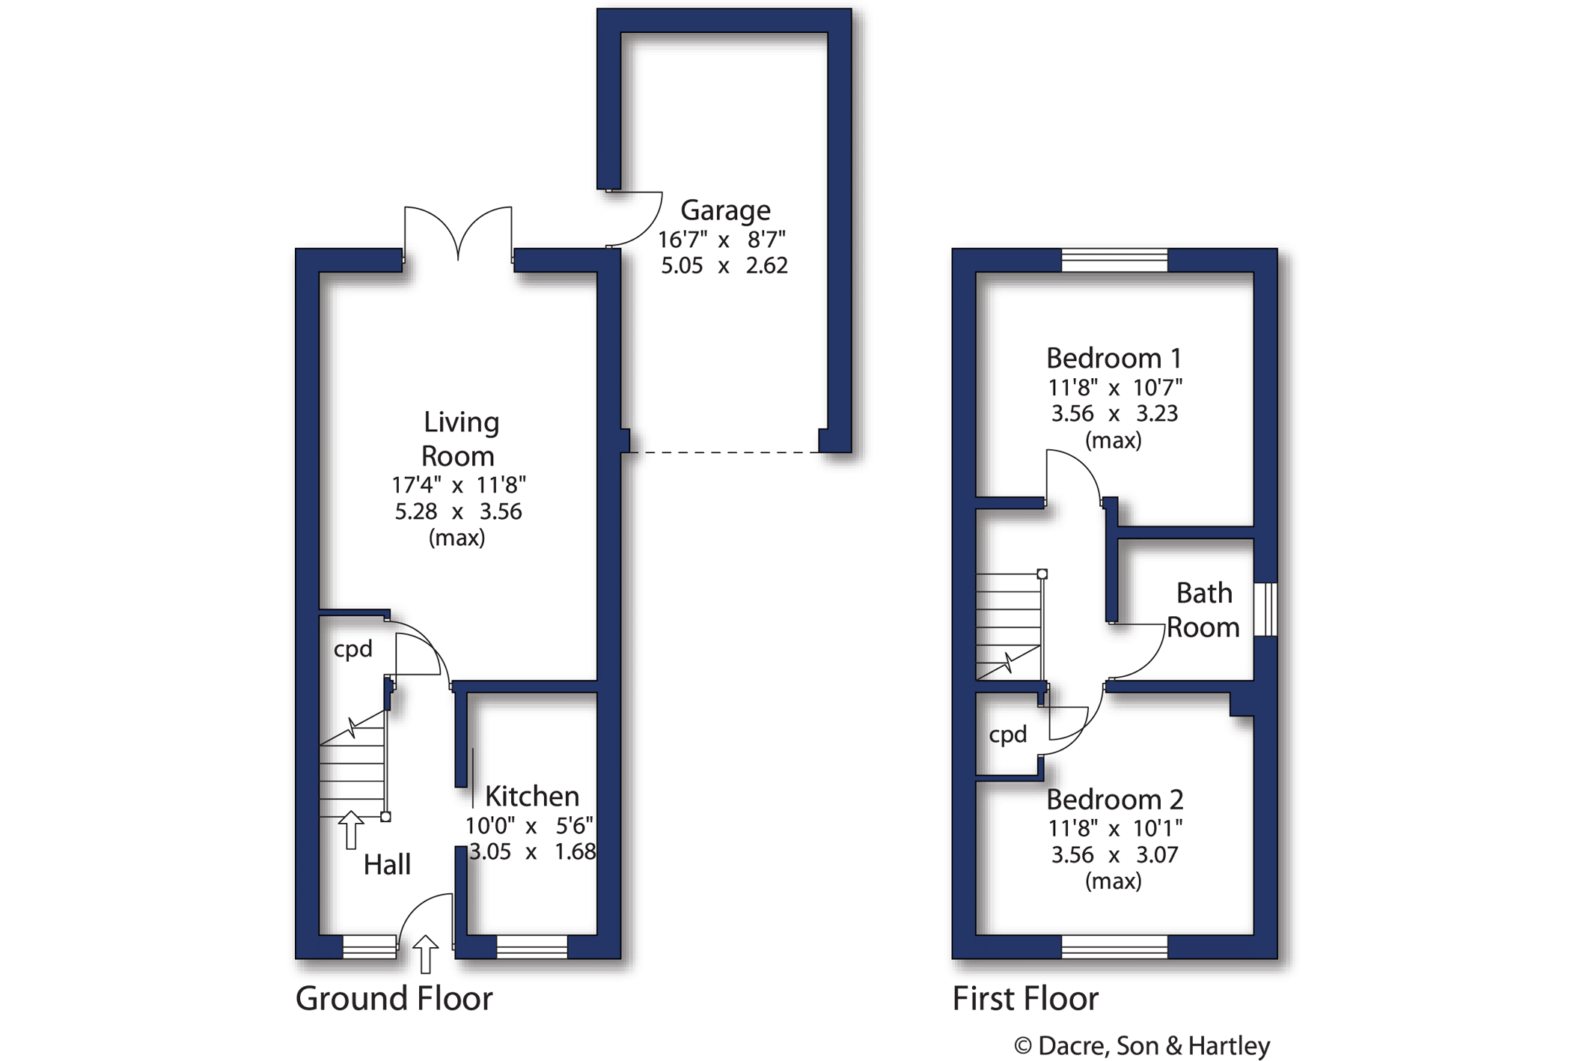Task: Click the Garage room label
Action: click(725, 211)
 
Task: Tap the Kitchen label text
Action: click(532, 796)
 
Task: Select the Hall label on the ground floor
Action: click(387, 865)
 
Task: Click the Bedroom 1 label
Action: click(1114, 359)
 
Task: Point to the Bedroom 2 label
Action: click(1114, 800)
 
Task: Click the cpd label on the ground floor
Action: click(352, 649)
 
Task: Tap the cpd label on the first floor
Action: click(1008, 735)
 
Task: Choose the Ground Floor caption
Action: click(394, 999)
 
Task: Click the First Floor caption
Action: click(1025, 999)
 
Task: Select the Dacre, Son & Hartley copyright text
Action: click(1142, 1046)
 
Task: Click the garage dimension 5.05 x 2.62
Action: click(724, 266)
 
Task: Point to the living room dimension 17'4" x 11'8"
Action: click(459, 485)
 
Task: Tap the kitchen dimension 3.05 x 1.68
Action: click(533, 852)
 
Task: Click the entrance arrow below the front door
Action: click(425, 954)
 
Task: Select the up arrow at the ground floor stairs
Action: click(350, 830)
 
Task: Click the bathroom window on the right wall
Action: click(1265, 609)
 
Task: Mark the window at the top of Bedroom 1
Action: click(1114, 260)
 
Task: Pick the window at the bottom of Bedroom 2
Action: click(1114, 947)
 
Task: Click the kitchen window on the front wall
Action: click(532, 947)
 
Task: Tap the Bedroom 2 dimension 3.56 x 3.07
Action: click(1114, 855)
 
